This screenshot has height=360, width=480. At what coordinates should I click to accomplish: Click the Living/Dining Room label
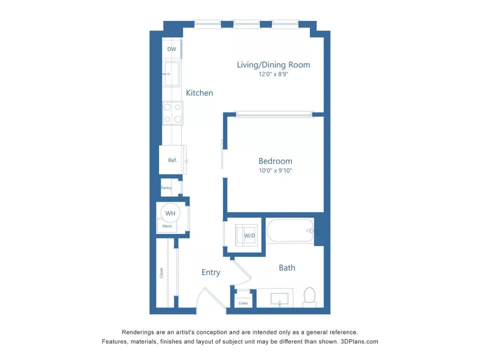273,64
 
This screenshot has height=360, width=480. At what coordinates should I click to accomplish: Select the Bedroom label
275,161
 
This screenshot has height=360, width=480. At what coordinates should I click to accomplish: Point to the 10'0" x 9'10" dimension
275,170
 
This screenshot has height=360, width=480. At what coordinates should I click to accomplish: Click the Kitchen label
199,92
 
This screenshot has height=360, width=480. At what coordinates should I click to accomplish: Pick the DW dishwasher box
171,49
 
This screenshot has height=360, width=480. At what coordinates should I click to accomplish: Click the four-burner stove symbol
172,113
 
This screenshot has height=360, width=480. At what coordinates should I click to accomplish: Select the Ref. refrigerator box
172,160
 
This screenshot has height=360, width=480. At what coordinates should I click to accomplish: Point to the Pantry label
166,188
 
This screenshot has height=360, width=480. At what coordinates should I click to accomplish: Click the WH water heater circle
170,213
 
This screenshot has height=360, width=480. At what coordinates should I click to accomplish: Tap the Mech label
167,226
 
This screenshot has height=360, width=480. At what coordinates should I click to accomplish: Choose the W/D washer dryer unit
249,235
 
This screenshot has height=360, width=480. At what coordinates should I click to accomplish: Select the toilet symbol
310,297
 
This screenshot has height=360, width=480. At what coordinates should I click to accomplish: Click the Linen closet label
243,303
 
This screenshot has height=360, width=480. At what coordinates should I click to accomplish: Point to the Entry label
210,272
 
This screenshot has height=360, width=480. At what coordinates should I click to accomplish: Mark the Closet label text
161,273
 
